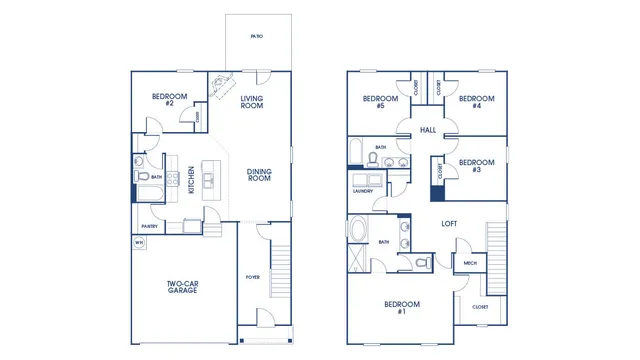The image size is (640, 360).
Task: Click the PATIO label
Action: (257, 36)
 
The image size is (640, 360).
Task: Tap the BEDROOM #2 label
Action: (163, 100)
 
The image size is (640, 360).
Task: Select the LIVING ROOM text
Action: (252, 101)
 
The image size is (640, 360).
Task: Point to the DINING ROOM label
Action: (259, 175)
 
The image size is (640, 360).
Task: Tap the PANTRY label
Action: (149, 226)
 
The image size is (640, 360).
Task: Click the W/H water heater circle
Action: (139, 242)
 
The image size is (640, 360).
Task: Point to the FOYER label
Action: (254, 277)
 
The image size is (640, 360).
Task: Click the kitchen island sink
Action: (209, 180)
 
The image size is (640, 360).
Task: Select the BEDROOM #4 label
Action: (476, 102)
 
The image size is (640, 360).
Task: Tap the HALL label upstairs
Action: (428, 130)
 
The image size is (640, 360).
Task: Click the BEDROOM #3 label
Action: (476, 166)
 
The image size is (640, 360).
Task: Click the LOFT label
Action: (449, 224)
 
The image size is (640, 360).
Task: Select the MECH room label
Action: (468, 264)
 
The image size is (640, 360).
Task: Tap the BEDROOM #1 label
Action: (403, 307)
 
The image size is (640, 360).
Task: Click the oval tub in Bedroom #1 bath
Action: (358, 231)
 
